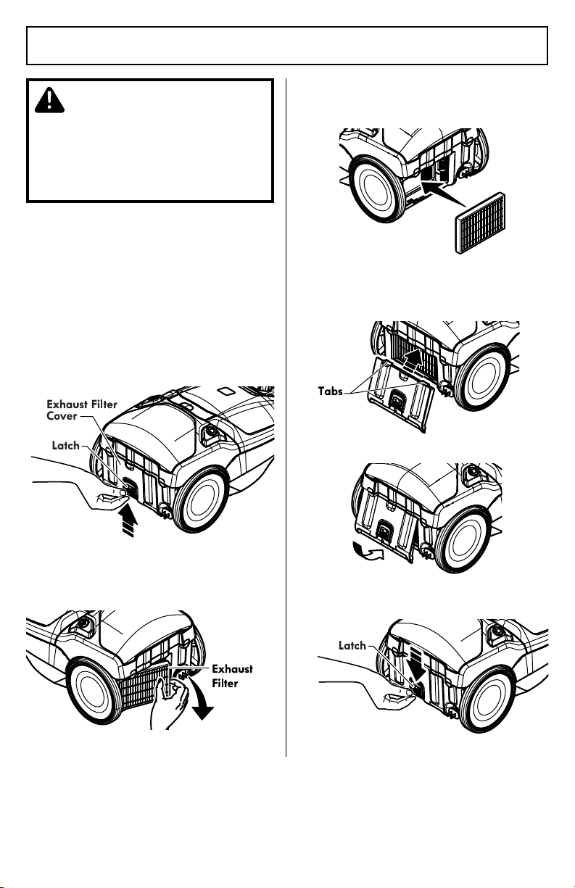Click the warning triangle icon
pos(49,99)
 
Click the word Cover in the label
pos(62,416)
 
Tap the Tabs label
pos(330,391)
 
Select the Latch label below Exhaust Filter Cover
pos(66,446)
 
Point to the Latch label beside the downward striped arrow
pos(352,645)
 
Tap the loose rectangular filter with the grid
pos(481,223)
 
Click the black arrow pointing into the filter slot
pos(443,193)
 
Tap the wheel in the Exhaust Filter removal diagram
pos(96,691)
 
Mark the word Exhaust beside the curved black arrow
pos(232,669)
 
